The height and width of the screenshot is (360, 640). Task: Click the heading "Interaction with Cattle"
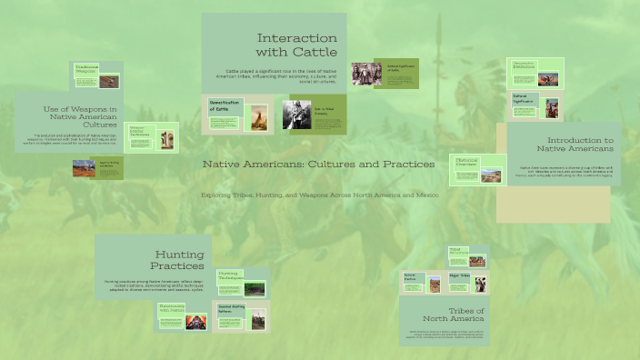[x=296, y=45]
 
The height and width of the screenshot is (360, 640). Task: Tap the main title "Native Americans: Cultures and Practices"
[x=318, y=164]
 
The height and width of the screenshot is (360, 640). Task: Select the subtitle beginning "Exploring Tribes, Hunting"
[x=319, y=195]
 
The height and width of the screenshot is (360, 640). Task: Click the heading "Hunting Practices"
[x=177, y=260]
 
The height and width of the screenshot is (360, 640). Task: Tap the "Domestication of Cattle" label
[x=224, y=106]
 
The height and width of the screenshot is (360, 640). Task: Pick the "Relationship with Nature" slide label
[x=172, y=309]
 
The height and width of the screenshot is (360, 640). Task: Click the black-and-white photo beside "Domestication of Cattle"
[x=295, y=115]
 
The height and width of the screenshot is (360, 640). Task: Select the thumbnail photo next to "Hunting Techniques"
[x=255, y=288]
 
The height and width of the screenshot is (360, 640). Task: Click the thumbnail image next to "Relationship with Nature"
[x=196, y=320]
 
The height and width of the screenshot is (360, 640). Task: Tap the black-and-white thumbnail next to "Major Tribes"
[x=479, y=284]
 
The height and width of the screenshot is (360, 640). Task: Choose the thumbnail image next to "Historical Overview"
[x=491, y=173]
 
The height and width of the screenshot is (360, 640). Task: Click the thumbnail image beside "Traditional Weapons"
[x=109, y=80]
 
